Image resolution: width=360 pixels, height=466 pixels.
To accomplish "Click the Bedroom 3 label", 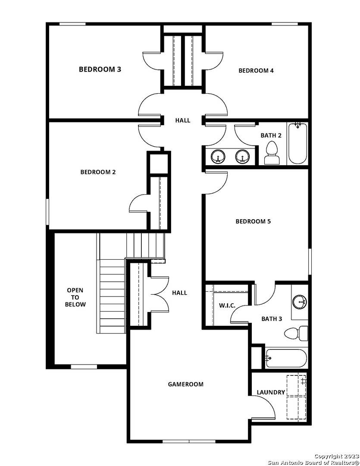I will pos(100,69).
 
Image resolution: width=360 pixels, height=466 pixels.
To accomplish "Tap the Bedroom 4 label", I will pos(256,71).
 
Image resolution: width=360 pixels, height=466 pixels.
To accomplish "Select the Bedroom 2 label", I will pos(98,172).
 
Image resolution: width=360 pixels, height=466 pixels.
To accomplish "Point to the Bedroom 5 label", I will pos(253,221).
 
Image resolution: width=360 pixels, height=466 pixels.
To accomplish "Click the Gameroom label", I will pos(185,384).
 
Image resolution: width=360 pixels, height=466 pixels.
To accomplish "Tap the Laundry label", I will pos(271,392).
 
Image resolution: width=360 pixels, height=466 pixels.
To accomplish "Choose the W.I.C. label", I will pos(227,306).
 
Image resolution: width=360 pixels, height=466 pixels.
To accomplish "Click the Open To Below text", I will pos(75,297).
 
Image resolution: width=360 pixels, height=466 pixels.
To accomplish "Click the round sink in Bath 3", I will pos(300,302).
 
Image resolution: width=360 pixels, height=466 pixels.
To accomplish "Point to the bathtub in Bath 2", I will pos(297,143).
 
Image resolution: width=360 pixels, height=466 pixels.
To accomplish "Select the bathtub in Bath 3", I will pos(286,358).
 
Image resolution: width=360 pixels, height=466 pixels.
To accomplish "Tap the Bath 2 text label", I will pos(271,135).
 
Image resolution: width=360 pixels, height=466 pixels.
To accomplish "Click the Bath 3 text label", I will pos(272,319).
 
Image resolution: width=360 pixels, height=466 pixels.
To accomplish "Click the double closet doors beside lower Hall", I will pos(159,295).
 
